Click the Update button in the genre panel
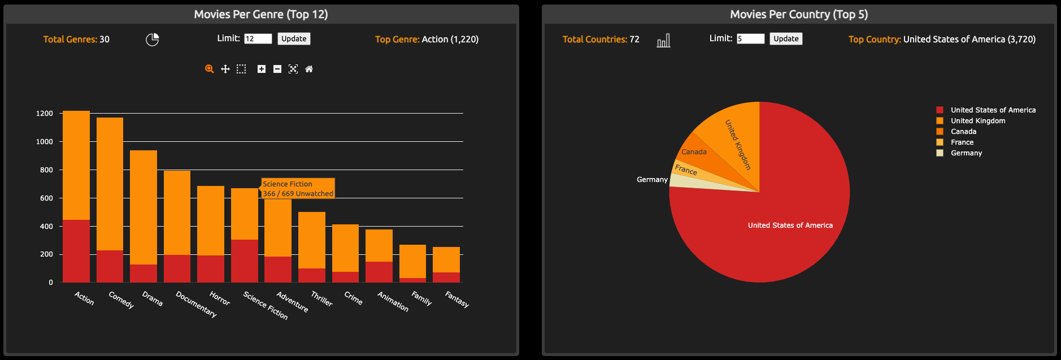pos(294,38)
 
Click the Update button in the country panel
pos(786,38)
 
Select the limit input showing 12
pos(258,38)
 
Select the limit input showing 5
pos(750,38)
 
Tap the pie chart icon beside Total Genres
pos(152,40)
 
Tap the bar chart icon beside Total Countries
pos(663,41)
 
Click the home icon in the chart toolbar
pos(309,69)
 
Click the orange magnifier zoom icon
pos(209,69)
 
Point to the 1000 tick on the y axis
pos(45,142)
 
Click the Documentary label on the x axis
pos(196,304)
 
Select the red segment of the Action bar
pos(76,251)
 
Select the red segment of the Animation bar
pos(379,272)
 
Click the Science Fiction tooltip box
pos(298,189)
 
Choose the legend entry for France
pos(962,142)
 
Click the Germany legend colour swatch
pos(940,153)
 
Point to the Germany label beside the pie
pos(652,180)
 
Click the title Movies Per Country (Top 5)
pos(799,15)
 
